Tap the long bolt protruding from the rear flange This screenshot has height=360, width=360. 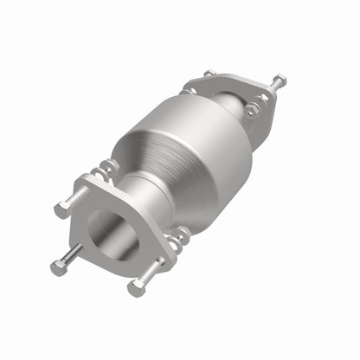pyautogui.click(x=275, y=85)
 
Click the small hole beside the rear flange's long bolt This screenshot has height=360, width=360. pyautogui.click(x=260, y=96)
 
